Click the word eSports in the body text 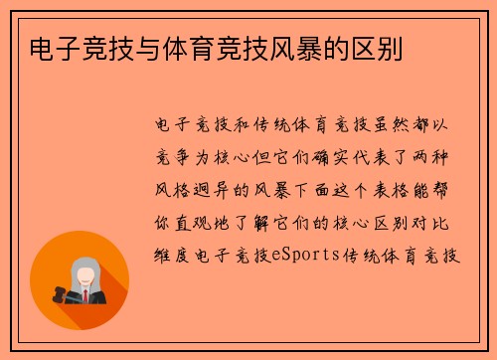click(308, 257)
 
